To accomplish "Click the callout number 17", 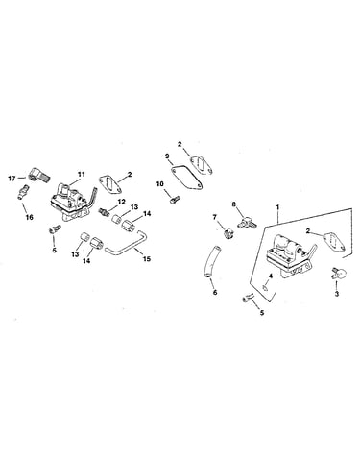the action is pyautogui.click(x=12, y=179).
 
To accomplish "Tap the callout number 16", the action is pyautogui.click(x=29, y=217).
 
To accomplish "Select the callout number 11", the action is pyautogui.click(x=82, y=175).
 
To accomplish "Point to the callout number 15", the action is pyautogui.click(x=146, y=258).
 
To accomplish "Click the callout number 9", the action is pyautogui.click(x=167, y=156).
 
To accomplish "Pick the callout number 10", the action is pyautogui.click(x=160, y=183).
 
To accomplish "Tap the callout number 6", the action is pyautogui.click(x=215, y=292).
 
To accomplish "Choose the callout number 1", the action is pyautogui.click(x=277, y=207).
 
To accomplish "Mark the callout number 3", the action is pyautogui.click(x=337, y=294).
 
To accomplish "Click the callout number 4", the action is pyautogui.click(x=271, y=276).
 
